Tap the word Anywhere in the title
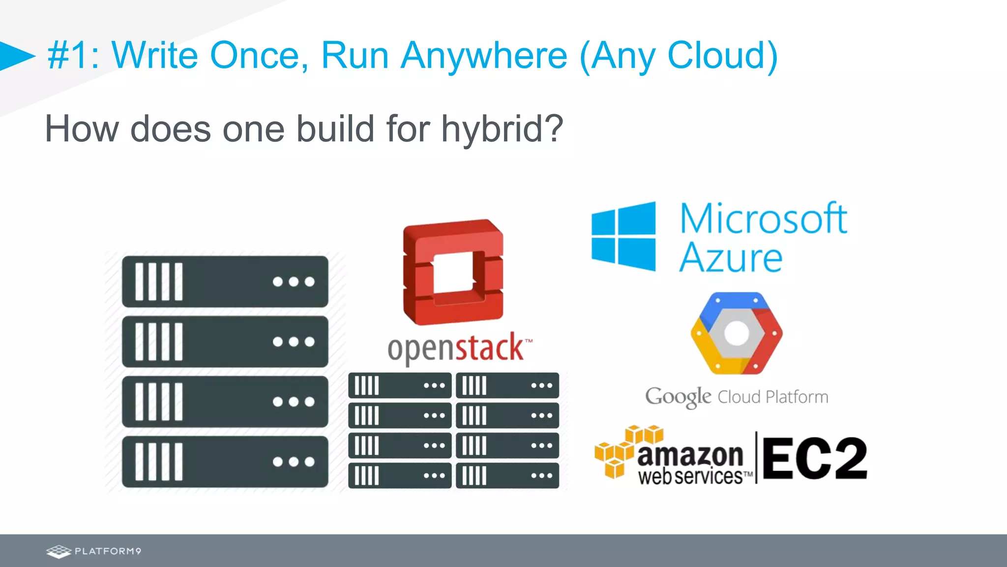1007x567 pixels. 484,56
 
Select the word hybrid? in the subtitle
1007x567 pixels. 502,129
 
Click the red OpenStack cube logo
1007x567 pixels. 453,272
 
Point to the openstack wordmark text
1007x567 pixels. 457,348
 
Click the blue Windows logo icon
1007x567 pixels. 623,236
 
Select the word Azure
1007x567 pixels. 731,257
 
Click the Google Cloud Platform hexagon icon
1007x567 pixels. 736,333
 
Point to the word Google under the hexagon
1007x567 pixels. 678,397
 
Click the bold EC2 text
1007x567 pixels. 814,459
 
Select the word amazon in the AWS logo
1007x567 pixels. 690,455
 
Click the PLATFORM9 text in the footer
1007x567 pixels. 108,551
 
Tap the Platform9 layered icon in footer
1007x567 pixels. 59,551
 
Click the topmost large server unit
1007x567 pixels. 225,282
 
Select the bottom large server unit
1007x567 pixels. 225,462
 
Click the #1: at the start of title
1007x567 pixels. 74,56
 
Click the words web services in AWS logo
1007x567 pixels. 690,476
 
